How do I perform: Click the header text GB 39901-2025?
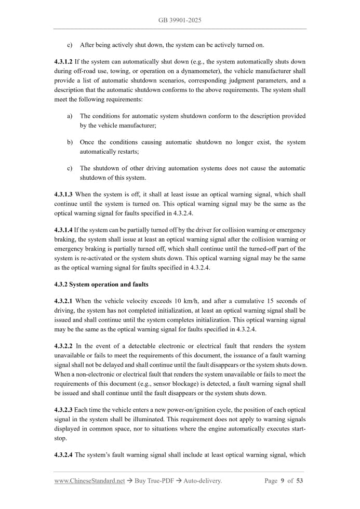pyautogui.click(x=180, y=20)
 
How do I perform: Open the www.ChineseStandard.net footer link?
pyautogui.click(x=89, y=481)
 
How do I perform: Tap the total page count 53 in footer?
pyautogui.click(x=300, y=481)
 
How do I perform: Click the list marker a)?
pyautogui.click(x=70, y=116)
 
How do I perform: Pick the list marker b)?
pyautogui.click(x=70, y=142)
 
